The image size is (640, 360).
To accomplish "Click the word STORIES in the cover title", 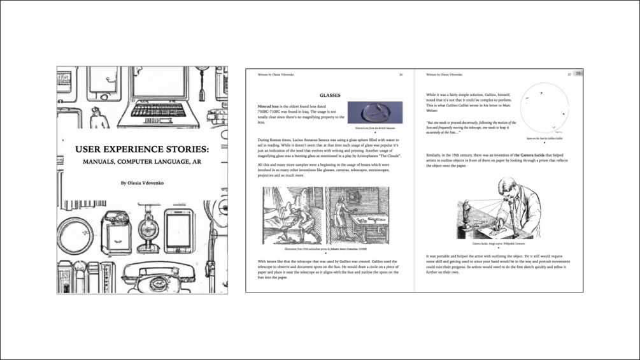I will click(x=188, y=150).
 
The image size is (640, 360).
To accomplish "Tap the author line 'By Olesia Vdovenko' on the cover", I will click(x=142, y=183).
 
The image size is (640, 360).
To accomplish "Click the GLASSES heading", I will click(x=330, y=94).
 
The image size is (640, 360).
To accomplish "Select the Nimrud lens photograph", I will click(x=374, y=113).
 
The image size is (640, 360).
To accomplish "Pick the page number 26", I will click(x=401, y=75).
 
